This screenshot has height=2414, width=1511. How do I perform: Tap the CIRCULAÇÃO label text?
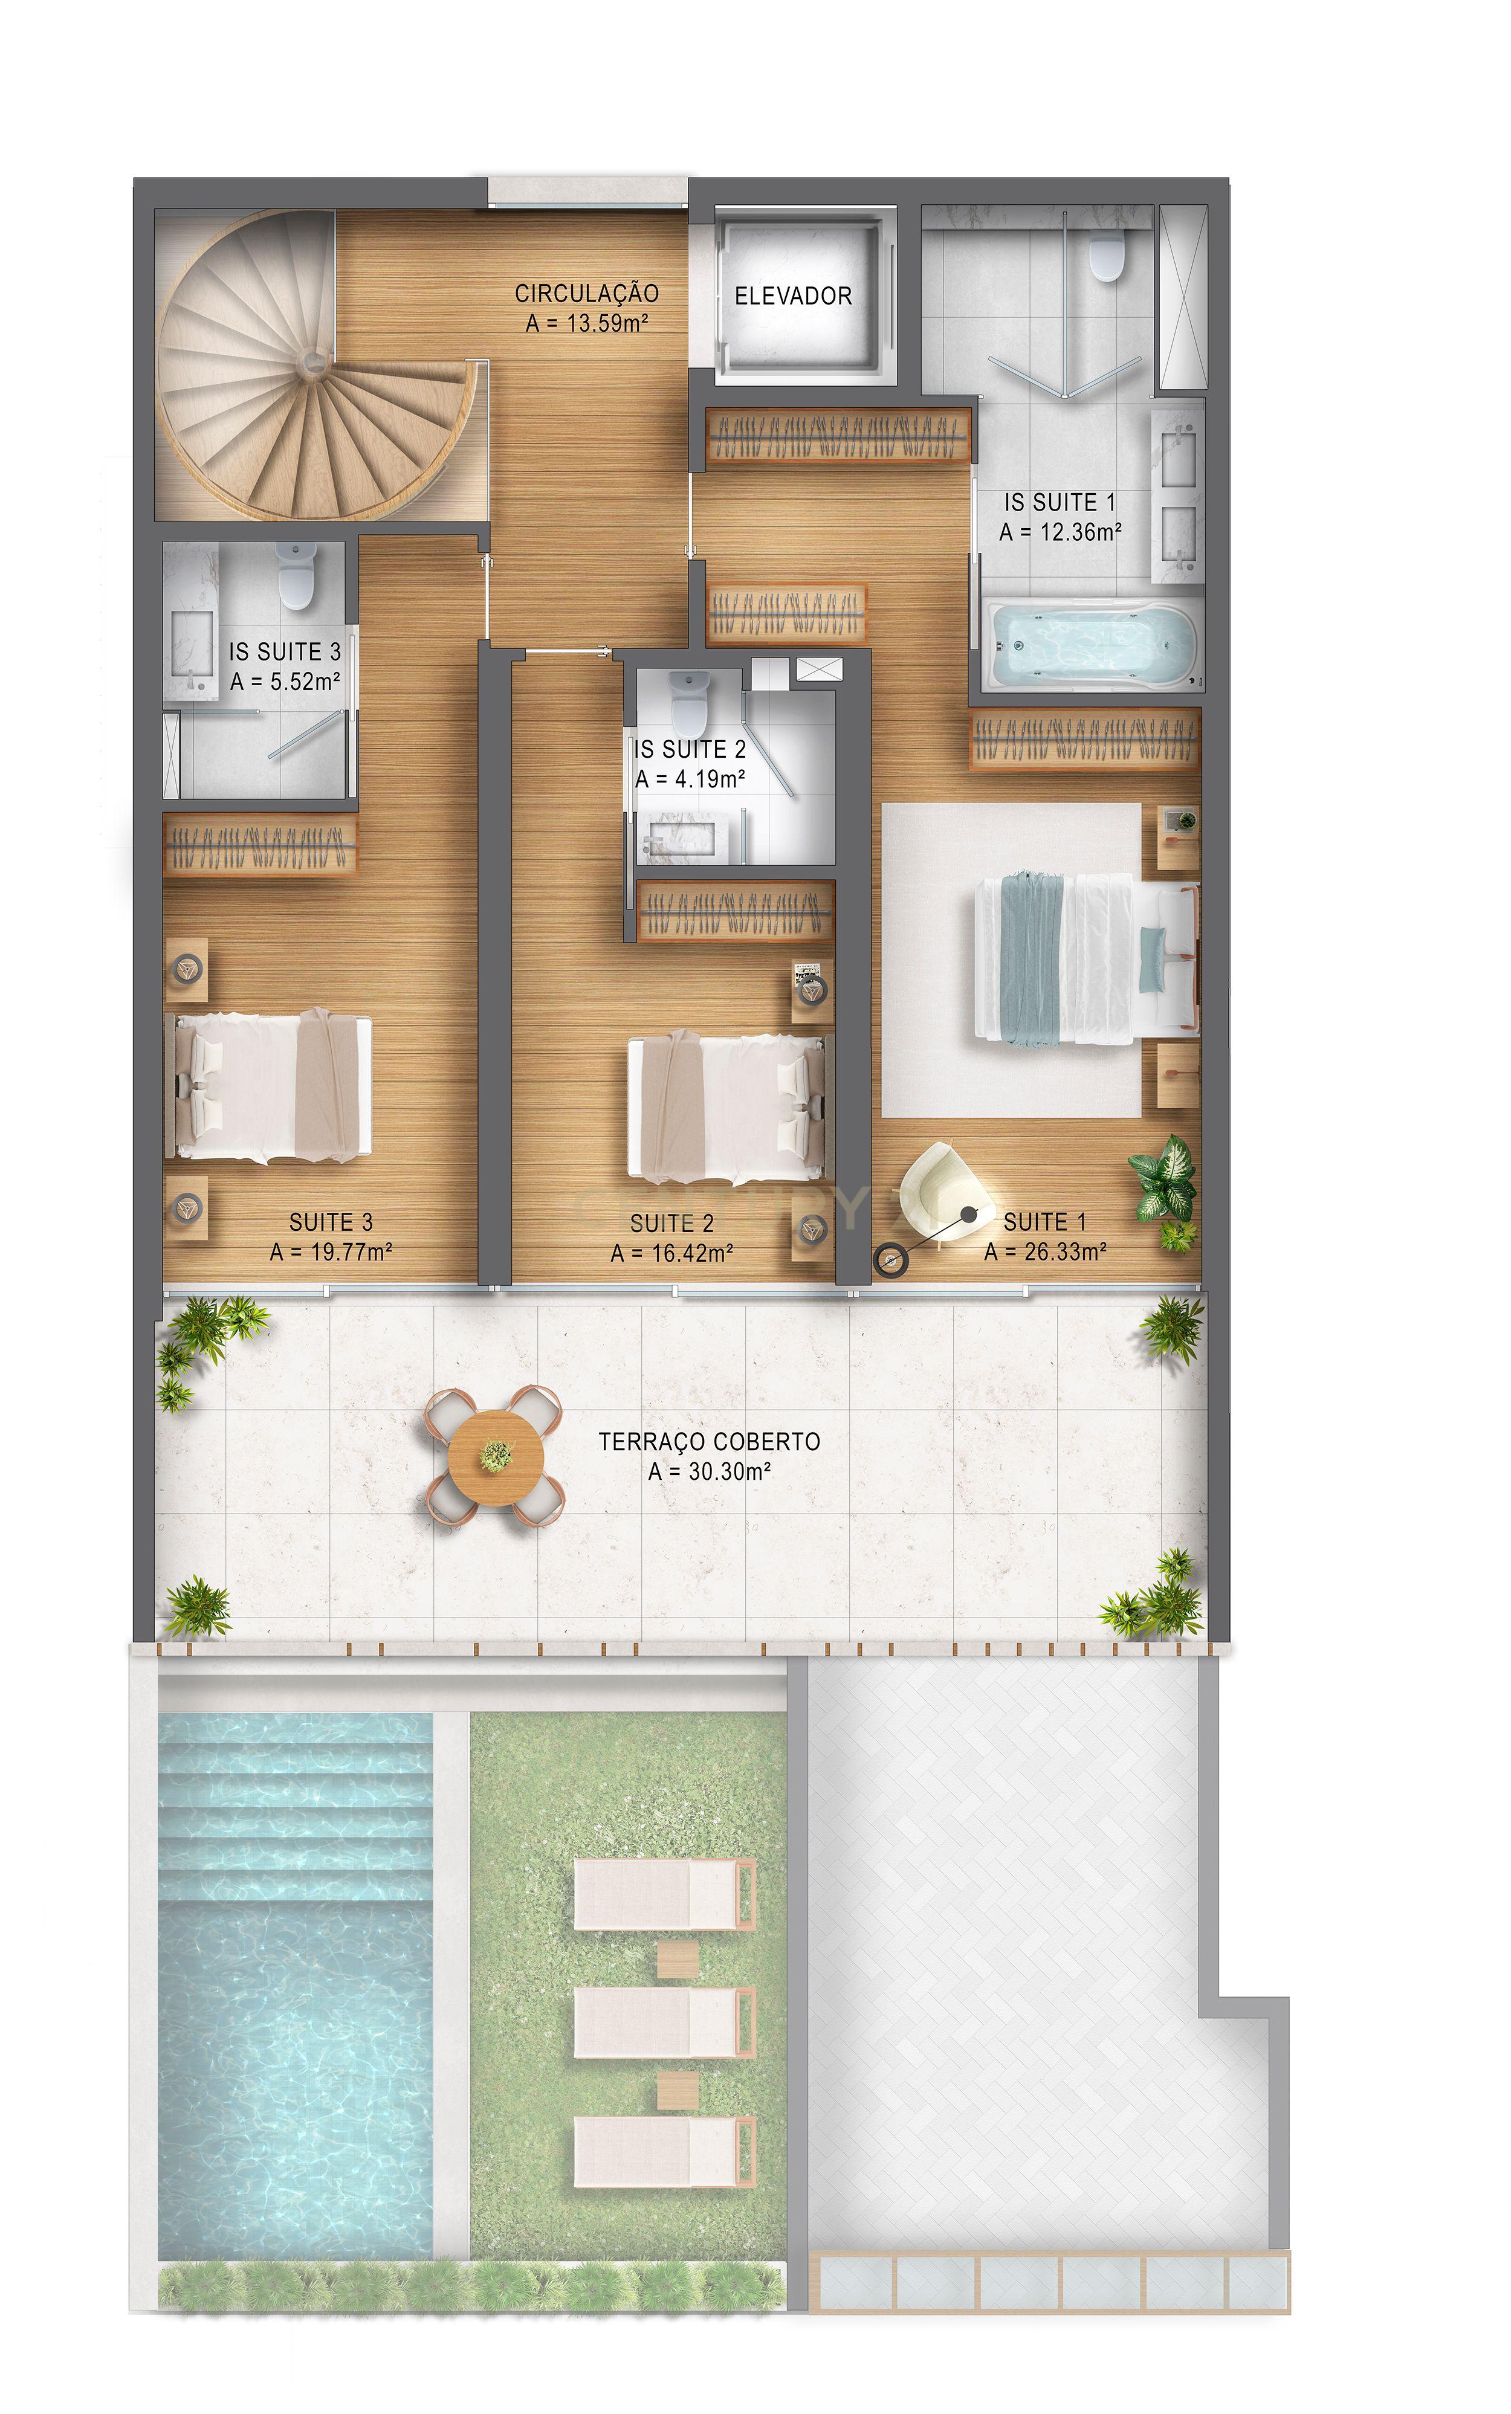[587, 294]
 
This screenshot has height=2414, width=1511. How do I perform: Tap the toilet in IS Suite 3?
[296, 578]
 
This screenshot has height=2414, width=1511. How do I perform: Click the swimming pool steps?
[296, 1807]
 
